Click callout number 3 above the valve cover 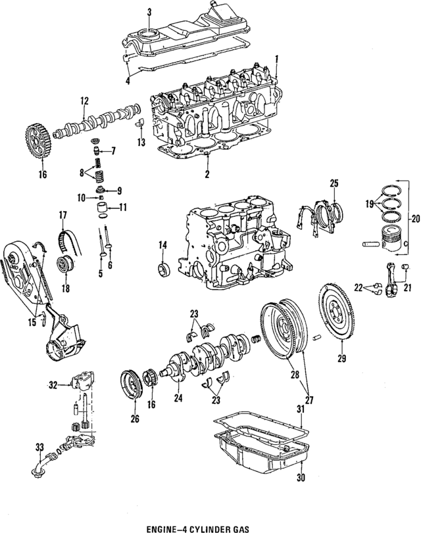(149, 12)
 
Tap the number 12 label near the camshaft (84, 101)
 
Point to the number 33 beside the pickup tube (39, 448)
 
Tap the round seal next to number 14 (162, 268)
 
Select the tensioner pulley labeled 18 (65, 266)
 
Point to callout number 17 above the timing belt (63, 214)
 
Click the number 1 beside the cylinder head (277, 58)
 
